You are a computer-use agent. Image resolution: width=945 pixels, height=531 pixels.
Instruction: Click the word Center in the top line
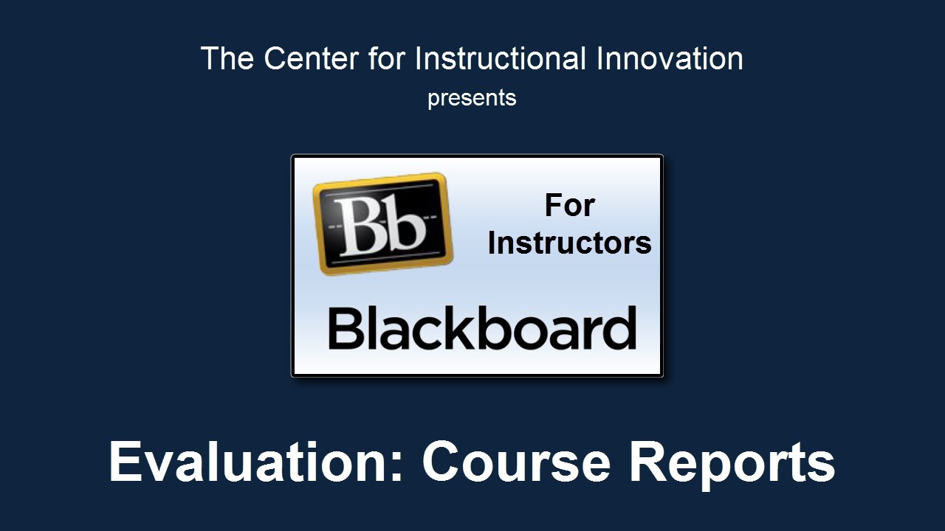pyautogui.click(x=312, y=58)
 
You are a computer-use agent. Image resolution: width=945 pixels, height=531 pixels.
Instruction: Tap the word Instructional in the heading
pyautogui.click(x=501, y=58)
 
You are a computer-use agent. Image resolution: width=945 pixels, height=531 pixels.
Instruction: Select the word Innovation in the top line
pyautogui.click(x=670, y=58)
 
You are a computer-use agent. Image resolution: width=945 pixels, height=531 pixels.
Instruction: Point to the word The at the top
pyautogui.click(x=227, y=58)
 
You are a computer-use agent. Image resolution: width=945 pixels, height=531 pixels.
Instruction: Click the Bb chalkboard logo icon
pyautogui.click(x=382, y=223)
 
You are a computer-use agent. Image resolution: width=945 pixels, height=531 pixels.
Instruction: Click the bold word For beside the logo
pyautogui.click(x=569, y=205)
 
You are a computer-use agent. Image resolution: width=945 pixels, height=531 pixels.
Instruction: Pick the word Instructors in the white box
pyautogui.click(x=569, y=243)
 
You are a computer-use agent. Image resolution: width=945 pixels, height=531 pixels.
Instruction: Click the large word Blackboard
pyautogui.click(x=482, y=328)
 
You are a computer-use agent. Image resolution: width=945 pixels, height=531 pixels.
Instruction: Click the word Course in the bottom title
pyautogui.click(x=516, y=462)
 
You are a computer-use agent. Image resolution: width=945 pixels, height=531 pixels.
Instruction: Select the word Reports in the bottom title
pyautogui.click(x=732, y=465)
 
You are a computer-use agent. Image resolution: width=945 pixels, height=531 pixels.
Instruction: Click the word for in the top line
pyautogui.click(x=386, y=58)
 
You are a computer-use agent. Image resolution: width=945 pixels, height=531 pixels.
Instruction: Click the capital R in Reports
pyautogui.click(x=648, y=461)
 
